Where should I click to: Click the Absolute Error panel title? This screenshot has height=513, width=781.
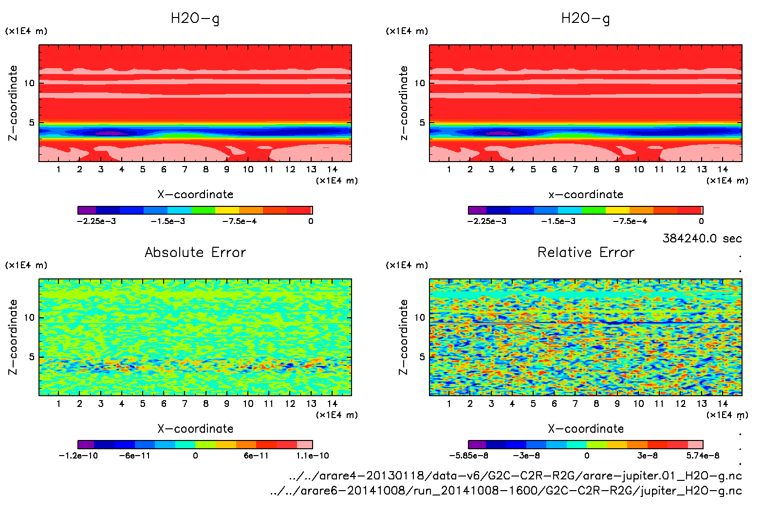point(195,252)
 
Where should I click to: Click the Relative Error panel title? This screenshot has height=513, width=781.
point(586,252)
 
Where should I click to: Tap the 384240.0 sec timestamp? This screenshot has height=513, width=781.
point(702,238)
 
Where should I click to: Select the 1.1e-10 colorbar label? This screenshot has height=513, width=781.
point(312,456)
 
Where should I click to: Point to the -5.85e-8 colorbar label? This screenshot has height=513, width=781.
point(468,456)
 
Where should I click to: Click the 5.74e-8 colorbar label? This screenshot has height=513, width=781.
point(703,456)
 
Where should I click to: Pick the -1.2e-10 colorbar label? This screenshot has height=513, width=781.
point(78,456)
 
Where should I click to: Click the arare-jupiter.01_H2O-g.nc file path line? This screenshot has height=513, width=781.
point(515,476)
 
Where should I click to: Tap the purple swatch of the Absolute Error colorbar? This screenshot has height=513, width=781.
point(86,444)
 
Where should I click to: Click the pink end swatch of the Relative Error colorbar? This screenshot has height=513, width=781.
point(695,444)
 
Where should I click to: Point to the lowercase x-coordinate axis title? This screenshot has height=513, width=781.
point(586,194)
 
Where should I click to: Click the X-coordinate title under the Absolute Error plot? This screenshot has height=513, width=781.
point(195,428)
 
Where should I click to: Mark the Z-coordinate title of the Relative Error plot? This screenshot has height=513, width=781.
point(403,337)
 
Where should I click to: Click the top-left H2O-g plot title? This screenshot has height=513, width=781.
point(195,18)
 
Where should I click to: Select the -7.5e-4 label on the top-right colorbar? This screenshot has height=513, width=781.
point(630,221)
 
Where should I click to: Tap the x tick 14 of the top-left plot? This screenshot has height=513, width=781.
point(332,169)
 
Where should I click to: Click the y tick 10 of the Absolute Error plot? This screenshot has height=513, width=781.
point(29,318)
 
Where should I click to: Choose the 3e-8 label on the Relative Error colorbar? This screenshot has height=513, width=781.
point(648,456)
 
